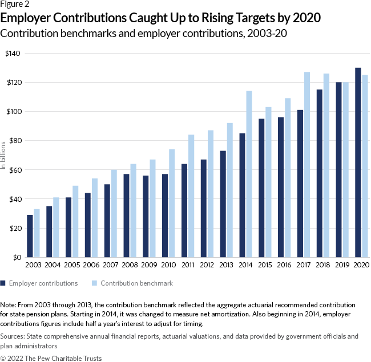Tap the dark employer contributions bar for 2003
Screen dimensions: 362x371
pyautogui.click(x=30, y=236)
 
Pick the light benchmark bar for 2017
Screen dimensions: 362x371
pyautogui.click(x=307, y=165)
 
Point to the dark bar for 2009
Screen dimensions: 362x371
pyautogui.click(x=146, y=217)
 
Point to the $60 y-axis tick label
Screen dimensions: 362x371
pyautogui.click(x=14, y=170)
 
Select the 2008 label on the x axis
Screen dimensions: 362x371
pyautogui.click(x=130, y=266)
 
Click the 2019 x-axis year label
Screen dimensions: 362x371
pyautogui.click(x=342, y=266)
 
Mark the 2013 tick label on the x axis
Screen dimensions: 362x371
pyautogui.click(x=226, y=266)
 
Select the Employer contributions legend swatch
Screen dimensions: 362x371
pyautogui.click(x=3, y=283)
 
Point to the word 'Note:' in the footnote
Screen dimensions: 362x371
pyautogui.click(x=10, y=306)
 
